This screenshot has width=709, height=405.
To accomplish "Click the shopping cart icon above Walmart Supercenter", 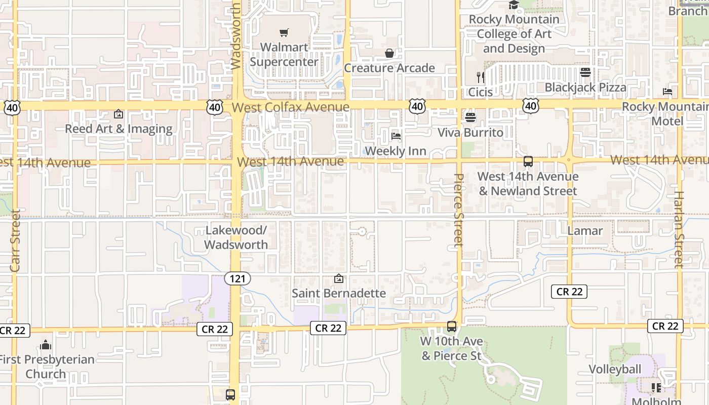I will pyautogui.click(x=284, y=33).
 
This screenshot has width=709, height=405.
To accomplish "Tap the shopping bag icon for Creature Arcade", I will pyautogui.click(x=389, y=53).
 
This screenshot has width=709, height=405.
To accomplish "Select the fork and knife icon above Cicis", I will pyautogui.click(x=480, y=77).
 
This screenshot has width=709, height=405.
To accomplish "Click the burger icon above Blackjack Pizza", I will pyautogui.click(x=585, y=72).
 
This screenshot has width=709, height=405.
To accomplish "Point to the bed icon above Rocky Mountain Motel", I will pyautogui.click(x=667, y=92).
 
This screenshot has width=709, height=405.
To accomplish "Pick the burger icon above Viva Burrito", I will pyautogui.click(x=470, y=117).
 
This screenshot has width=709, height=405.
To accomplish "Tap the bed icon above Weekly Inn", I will pyautogui.click(x=396, y=136).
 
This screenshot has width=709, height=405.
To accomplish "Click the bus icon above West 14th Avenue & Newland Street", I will pyautogui.click(x=528, y=161).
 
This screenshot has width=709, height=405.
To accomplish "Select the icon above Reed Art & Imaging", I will pyautogui.click(x=119, y=114).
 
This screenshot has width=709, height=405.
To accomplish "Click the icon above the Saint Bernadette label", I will pyautogui.click(x=339, y=278).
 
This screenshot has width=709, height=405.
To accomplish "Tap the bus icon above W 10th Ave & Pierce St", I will pyautogui.click(x=452, y=327).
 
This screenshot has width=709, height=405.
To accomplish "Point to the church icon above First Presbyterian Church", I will pyautogui.click(x=46, y=345).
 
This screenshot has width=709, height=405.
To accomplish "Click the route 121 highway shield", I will pyautogui.click(x=238, y=278).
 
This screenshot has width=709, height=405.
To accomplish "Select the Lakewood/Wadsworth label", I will pyautogui.click(x=236, y=237).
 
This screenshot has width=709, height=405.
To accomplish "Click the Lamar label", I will pyautogui.click(x=585, y=231).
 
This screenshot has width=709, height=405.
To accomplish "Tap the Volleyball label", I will pyautogui.click(x=615, y=369).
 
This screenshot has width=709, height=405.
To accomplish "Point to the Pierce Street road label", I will pyautogui.click(x=459, y=210).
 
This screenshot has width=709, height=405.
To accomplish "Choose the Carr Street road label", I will pyautogui.click(x=15, y=240).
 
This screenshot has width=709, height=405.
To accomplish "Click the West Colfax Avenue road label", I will pyautogui.click(x=291, y=107).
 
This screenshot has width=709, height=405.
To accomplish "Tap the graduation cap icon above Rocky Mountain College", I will pyautogui.click(x=514, y=5).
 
